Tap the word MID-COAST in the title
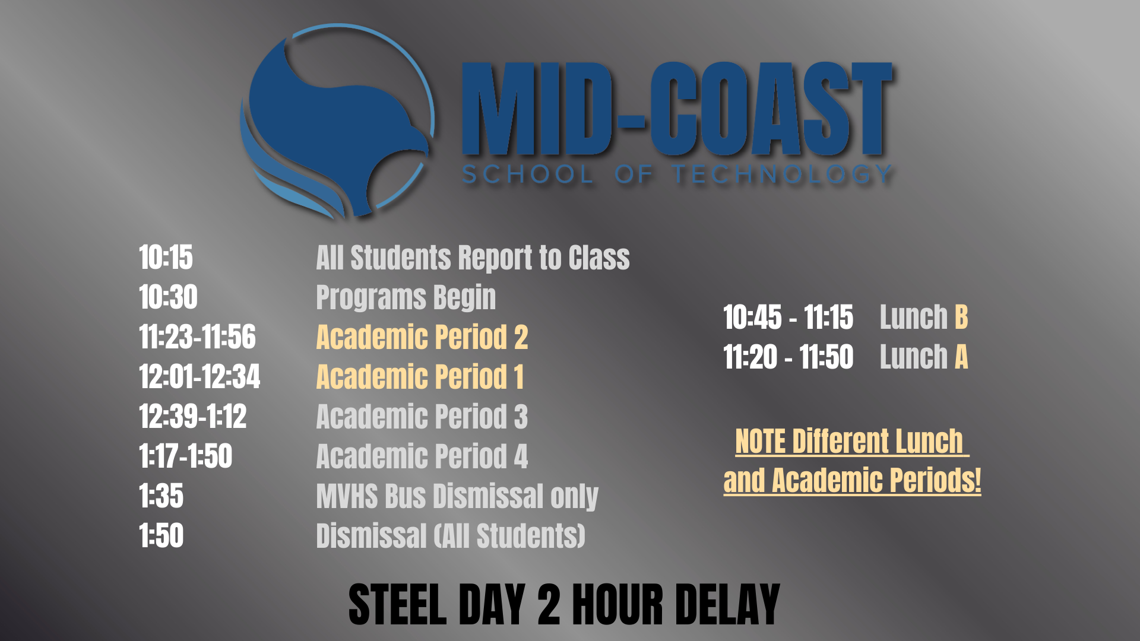pyautogui.click(x=677, y=110)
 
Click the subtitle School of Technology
pyautogui.click(x=677, y=174)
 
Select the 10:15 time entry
pyautogui.click(x=166, y=258)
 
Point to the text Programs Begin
pyautogui.click(x=406, y=297)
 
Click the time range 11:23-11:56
pyautogui.click(x=197, y=337)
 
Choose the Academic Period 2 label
pyautogui.click(x=422, y=337)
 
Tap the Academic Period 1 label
pyautogui.click(x=420, y=377)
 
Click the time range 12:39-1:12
pyautogui.click(x=192, y=417)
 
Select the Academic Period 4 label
pyautogui.click(x=422, y=456)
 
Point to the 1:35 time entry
pyautogui.click(x=161, y=496)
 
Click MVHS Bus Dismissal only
pyautogui.click(x=457, y=496)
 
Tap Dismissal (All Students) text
pyautogui.click(x=450, y=536)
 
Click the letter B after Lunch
pyautogui.click(x=961, y=317)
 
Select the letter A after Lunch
pyautogui.click(x=961, y=357)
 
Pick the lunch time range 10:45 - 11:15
pyautogui.click(x=788, y=317)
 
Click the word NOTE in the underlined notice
pyautogui.click(x=760, y=442)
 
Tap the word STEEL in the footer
pyautogui.click(x=397, y=605)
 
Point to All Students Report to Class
pyautogui.click(x=473, y=258)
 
